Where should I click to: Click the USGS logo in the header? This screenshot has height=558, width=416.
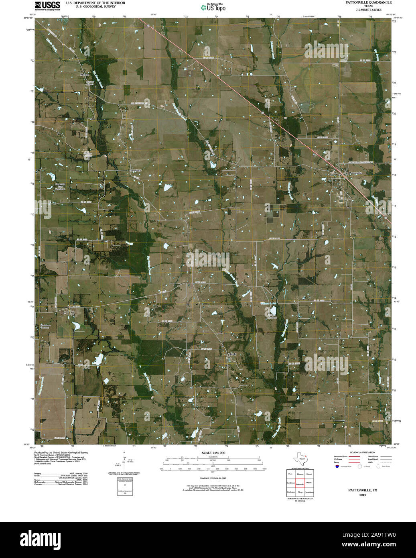[47, 5]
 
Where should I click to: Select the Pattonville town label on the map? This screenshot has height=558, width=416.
[355, 173]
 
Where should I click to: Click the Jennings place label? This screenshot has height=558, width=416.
[136, 170]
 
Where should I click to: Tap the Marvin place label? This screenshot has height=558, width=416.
[84, 75]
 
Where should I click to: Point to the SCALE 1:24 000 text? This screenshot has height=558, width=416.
[213, 453]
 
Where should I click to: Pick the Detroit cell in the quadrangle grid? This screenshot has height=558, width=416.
[308, 474]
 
